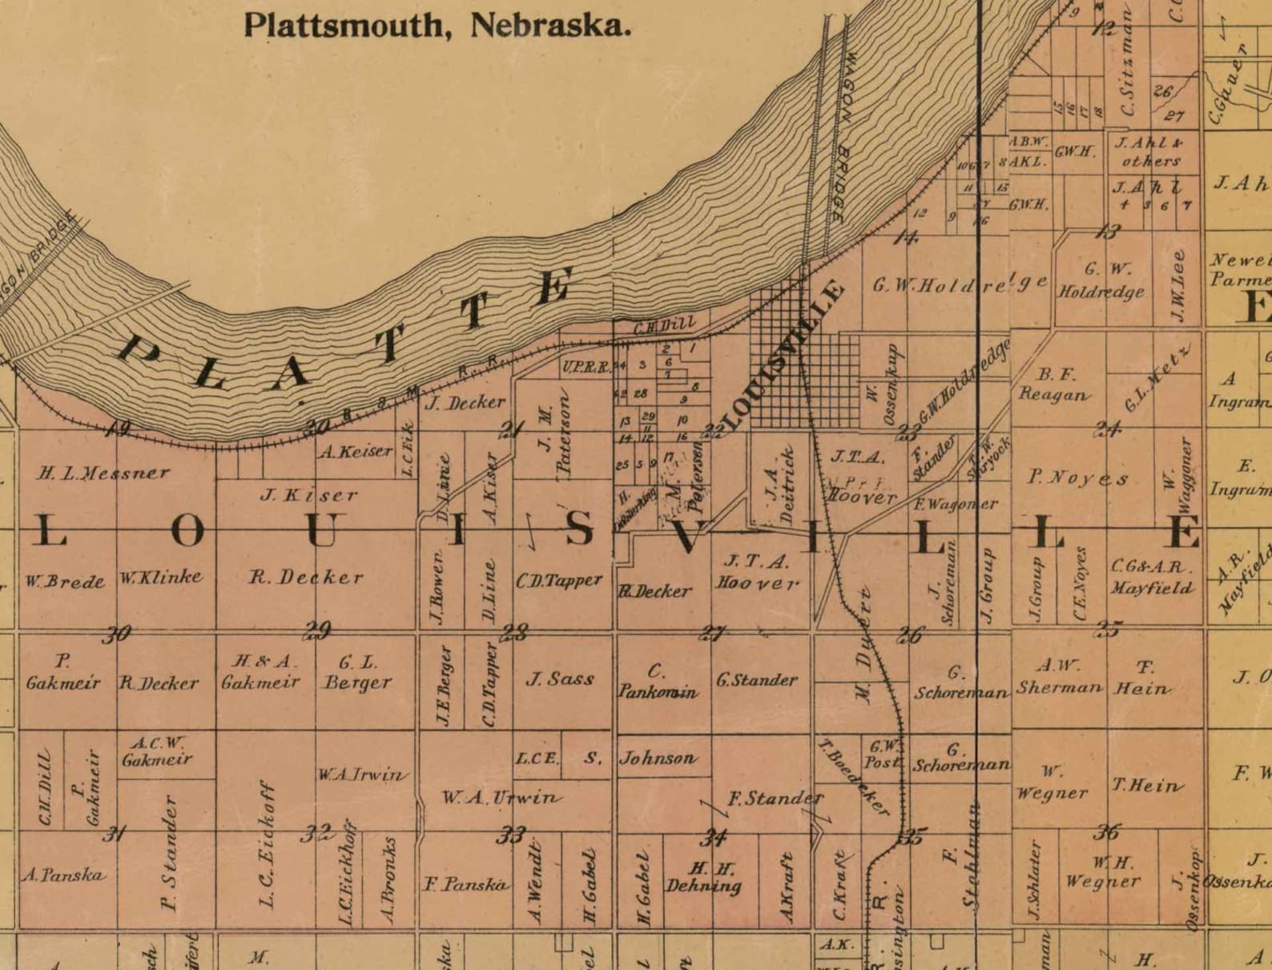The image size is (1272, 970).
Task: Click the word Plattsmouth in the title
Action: pyautogui.click(x=343, y=25)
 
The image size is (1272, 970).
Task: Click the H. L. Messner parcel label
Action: pyautogui.click(x=103, y=473)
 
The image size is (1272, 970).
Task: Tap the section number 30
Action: pyautogui.click(x=117, y=634)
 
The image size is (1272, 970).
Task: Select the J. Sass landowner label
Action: pyautogui.click(x=560, y=679)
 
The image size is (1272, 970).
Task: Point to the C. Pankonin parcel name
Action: pyautogui.click(x=657, y=682)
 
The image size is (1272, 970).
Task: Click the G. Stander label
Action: pyautogui.click(x=756, y=680)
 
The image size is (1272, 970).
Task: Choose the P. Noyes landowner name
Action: pyautogui.click(x=1078, y=478)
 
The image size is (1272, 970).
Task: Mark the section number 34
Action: pyautogui.click(x=713, y=838)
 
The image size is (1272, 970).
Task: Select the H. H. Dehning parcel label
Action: pyautogui.click(x=703, y=877)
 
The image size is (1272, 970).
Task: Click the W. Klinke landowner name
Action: pyautogui.click(x=161, y=577)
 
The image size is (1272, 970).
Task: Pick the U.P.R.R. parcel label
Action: pyautogui.click(x=586, y=367)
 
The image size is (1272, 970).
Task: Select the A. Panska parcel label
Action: pyautogui.click(x=63, y=875)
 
